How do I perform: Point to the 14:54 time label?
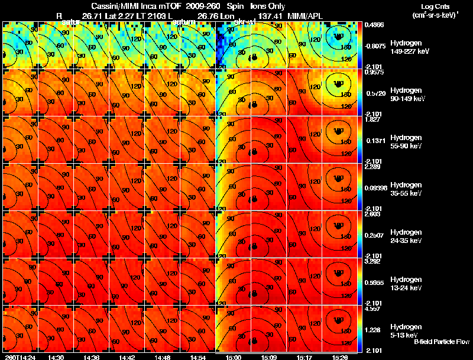(197, 357)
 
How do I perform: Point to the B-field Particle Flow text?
(441, 342)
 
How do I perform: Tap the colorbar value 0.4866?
(375, 25)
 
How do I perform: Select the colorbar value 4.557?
(374, 309)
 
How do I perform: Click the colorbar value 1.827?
(374, 119)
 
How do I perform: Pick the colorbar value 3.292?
(374, 261)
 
